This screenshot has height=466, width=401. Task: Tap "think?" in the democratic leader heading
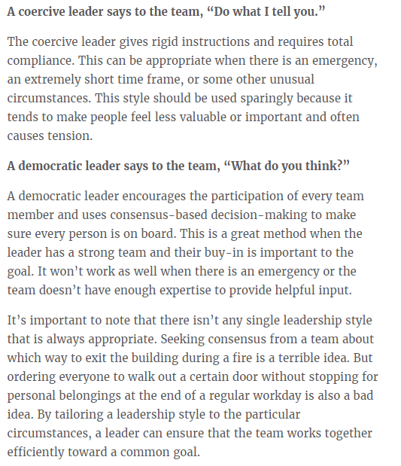(324, 165)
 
